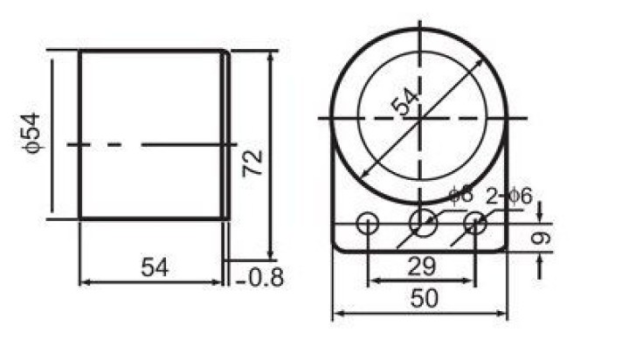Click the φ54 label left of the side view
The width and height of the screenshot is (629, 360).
click(x=31, y=133)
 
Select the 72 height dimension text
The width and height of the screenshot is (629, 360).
click(x=252, y=163)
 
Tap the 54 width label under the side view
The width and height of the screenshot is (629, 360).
click(x=155, y=267)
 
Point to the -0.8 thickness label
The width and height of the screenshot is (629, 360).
click(x=259, y=277)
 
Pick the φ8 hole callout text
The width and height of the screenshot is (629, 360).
click(x=461, y=195)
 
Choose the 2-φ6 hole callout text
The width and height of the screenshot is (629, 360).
click(x=509, y=197)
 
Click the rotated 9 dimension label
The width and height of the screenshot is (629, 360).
click(x=541, y=238)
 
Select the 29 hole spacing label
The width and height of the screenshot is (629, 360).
click(x=421, y=267)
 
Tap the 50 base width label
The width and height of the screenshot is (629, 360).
click(x=424, y=299)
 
